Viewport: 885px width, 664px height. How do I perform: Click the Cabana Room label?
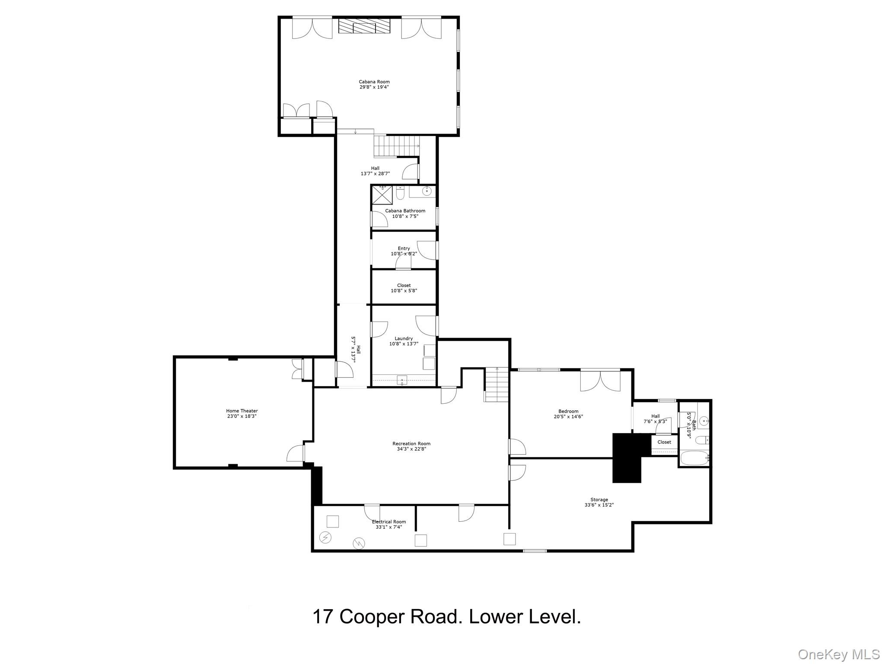point(374,82)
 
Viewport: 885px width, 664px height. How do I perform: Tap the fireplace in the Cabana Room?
point(364,26)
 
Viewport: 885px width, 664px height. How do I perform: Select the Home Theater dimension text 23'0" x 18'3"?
point(242,416)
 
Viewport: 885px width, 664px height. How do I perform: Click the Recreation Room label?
point(411,444)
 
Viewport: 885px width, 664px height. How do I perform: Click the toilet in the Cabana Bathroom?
point(400,194)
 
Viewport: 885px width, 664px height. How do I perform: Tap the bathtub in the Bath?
point(694,458)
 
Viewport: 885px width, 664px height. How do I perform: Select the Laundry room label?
point(404,338)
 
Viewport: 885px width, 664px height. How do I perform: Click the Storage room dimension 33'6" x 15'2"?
point(599,505)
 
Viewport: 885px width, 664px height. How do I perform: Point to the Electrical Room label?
point(388,522)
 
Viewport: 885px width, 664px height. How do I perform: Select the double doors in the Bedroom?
point(600,380)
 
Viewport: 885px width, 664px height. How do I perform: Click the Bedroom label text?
point(568,411)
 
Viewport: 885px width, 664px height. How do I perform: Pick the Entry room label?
point(404,249)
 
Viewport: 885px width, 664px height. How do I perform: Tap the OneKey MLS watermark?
point(838,654)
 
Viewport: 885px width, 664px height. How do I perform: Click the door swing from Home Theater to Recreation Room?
point(296,453)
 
